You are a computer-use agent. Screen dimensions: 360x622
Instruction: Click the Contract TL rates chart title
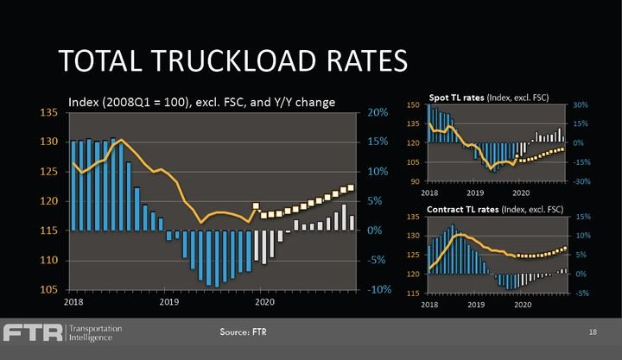(495, 208)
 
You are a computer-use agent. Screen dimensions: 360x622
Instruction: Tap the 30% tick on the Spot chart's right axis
(580, 104)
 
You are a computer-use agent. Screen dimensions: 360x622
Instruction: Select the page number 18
(593, 332)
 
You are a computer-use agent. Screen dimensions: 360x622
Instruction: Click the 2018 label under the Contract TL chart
(429, 302)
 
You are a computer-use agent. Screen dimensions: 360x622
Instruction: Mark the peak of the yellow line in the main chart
(121, 140)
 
